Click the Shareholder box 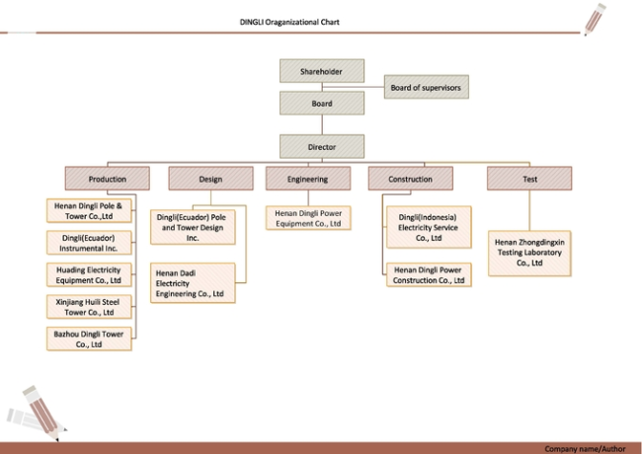tap(322, 71)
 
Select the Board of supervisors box tap(427, 87)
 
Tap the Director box tap(322, 146)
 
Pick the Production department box tap(108, 179)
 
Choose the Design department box tap(210, 179)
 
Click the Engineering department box tap(308, 179)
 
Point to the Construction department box tap(411, 179)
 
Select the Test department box tap(529, 179)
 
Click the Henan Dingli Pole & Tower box tap(89, 210)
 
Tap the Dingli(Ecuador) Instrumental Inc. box tap(89, 243)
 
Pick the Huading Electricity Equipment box tap(89, 274)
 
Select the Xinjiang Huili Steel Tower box tap(89, 307)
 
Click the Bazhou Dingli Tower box tap(89, 339)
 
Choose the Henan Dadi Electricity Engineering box tap(193, 283)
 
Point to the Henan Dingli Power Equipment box tap(308, 218)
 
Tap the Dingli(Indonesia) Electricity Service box tap(429, 227)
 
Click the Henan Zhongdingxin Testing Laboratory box tap(529, 254)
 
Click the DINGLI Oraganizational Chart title tap(289, 22)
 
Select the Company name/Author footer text tap(585, 449)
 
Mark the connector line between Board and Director tap(322, 124)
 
